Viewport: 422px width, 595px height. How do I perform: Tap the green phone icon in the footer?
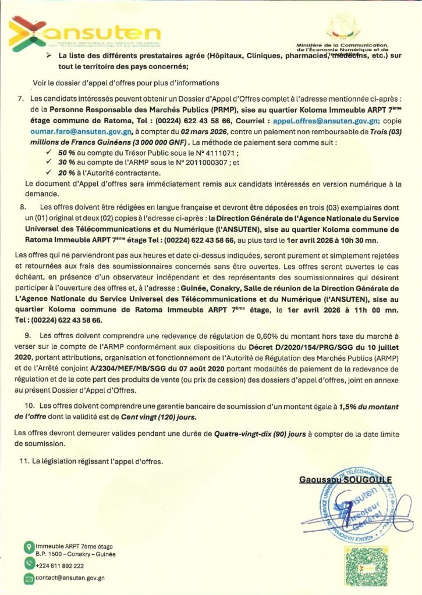[29, 563]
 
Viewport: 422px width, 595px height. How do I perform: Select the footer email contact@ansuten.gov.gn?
[70, 578]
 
